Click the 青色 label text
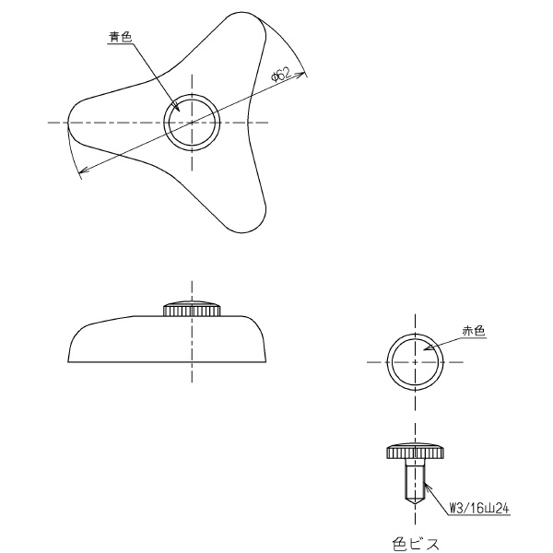(x=121, y=37)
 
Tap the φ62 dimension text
(x=281, y=76)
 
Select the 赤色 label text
(x=474, y=331)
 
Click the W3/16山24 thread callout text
(x=479, y=508)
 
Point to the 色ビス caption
(x=416, y=544)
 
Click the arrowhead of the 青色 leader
(x=177, y=107)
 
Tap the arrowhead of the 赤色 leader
(x=427, y=348)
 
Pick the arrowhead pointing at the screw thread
(x=427, y=487)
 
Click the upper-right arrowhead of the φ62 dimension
(x=300, y=75)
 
